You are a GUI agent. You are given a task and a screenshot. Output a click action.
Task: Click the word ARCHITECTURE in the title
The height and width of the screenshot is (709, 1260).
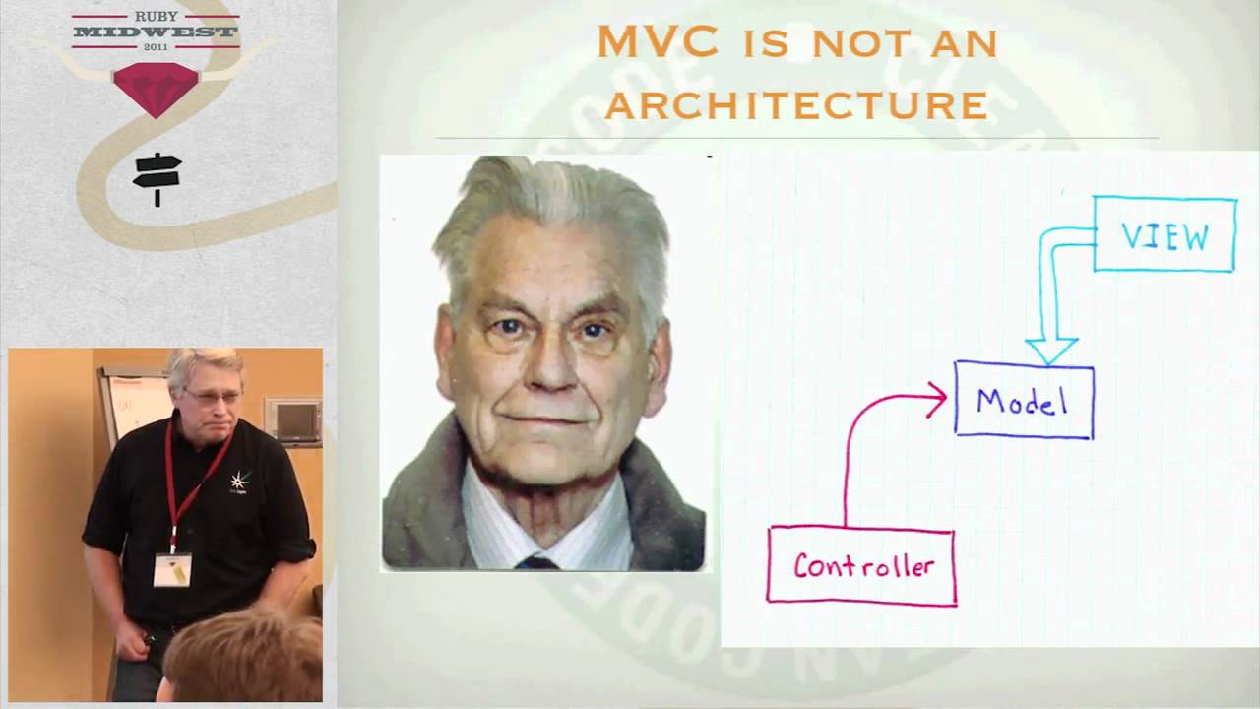point(795,103)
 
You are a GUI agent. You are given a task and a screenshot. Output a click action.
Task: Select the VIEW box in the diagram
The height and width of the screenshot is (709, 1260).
point(1165,234)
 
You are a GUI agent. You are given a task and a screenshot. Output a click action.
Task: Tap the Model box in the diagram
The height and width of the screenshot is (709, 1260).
point(1024,400)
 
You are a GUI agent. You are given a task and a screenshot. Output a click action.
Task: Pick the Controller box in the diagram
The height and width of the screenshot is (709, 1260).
point(861,566)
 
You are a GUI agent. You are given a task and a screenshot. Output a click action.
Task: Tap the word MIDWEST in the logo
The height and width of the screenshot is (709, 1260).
point(156,32)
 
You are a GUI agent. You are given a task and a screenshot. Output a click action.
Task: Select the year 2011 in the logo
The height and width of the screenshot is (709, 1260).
point(156,46)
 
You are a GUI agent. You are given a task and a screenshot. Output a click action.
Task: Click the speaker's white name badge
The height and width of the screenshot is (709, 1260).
point(172,568)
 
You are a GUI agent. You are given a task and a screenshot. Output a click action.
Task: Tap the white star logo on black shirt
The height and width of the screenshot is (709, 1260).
point(238,482)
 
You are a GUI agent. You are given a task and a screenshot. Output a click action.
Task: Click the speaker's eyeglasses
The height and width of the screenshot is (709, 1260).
point(212,396)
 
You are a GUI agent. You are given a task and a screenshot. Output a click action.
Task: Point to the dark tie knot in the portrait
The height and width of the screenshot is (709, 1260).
point(537,563)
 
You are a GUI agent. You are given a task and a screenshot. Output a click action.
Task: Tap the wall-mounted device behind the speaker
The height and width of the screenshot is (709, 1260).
point(292,421)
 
